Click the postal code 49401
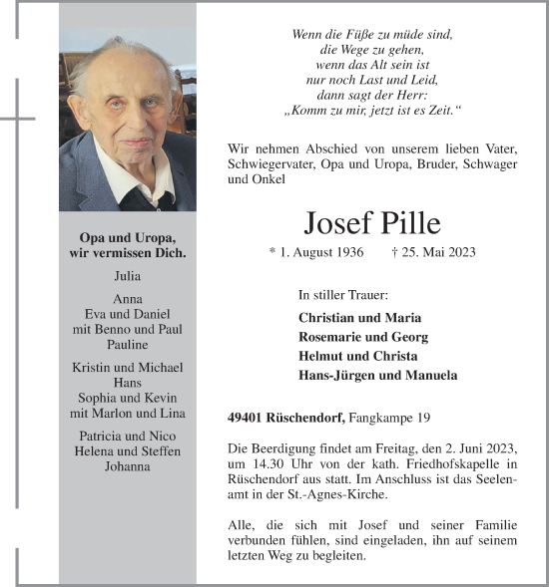(246, 417)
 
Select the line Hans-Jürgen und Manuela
(377, 375)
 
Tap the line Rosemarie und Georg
(361, 337)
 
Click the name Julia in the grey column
(128, 276)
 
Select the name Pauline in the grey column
(127, 345)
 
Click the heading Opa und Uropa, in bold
(128, 238)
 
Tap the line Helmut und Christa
(357, 356)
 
